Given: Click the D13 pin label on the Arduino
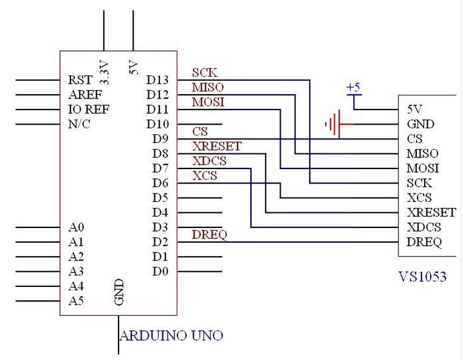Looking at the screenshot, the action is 157,80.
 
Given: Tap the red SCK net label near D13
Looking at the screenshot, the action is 204,73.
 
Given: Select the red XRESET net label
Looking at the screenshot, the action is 217,146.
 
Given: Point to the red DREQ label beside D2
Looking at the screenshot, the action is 210,235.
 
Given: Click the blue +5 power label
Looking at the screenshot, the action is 354,88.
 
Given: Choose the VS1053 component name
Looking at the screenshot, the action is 422,277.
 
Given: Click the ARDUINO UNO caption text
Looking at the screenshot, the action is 171,336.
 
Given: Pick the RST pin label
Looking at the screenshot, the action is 80,80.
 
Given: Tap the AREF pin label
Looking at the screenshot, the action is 85,95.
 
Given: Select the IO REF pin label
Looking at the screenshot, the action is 89,109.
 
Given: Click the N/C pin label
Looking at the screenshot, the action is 79,124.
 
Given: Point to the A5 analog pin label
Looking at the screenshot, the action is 76,301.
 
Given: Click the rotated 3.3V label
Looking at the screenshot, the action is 105,73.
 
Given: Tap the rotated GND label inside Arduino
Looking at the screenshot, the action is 118,292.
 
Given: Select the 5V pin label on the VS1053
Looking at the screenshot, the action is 414,109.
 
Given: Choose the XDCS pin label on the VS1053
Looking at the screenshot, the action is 424,227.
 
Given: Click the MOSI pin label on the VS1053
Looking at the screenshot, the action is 422,168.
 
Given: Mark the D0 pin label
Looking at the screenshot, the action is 160,271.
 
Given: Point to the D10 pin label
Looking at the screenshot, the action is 158,124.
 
